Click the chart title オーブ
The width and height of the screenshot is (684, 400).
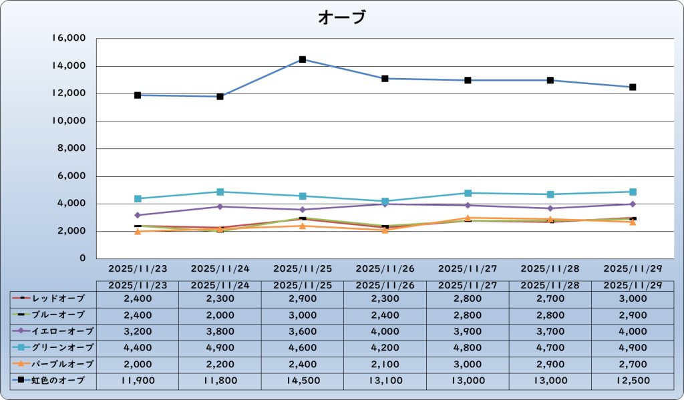(x=342, y=17)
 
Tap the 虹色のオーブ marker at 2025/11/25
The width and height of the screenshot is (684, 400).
(x=303, y=59)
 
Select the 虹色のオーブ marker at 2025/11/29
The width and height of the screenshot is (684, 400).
(x=633, y=87)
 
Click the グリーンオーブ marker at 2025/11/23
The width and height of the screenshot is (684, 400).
(x=138, y=198)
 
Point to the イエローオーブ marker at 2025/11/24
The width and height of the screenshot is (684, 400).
(x=220, y=206)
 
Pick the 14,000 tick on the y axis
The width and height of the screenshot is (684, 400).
(x=68, y=66)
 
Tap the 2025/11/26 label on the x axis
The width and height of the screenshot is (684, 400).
(x=385, y=269)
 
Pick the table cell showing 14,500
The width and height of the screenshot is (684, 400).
(x=303, y=381)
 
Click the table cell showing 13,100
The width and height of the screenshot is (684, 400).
(x=385, y=381)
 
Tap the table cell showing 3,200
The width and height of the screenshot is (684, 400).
(x=138, y=331)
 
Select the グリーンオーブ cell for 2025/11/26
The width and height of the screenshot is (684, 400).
(x=385, y=348)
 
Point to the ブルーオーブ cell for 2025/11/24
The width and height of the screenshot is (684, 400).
(x=220, y=315)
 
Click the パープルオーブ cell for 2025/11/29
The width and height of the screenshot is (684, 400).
(x=633, y=364)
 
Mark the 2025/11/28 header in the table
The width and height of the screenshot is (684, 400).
(x=550, y=285)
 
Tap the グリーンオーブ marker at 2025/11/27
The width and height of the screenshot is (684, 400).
(x=468, y=193)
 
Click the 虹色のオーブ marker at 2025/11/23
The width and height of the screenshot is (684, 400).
(x=138, y=95)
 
